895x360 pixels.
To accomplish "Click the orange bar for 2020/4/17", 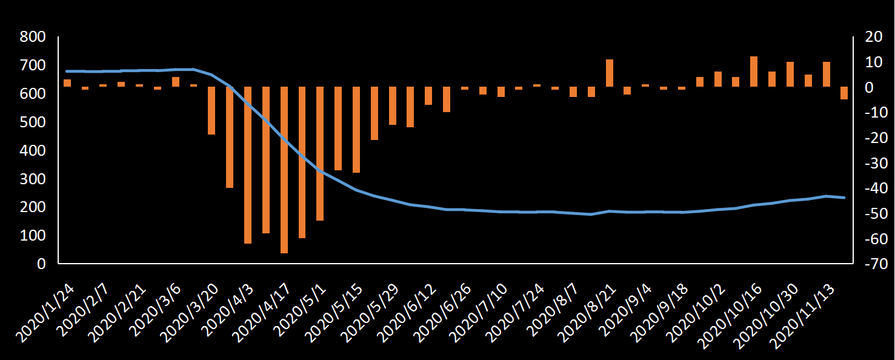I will pyautogui.click(x=284, y=170).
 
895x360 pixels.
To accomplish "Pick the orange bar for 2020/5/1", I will pyautogui.click(x=320, y=153).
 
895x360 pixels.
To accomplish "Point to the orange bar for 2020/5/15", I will pyautogui.click(x=356, y=130).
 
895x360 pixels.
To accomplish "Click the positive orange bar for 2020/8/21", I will pyautogui.click(x=610, y=73).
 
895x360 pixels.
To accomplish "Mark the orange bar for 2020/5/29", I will pyautogui.click(x=393, y=105).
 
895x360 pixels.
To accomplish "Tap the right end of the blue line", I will pyautogui.click(x=844, y=198).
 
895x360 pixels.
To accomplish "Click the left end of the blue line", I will pyautogui.click(x=67, y=71).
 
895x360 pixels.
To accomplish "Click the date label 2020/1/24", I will pyautogui.click(x=47, y=309).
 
